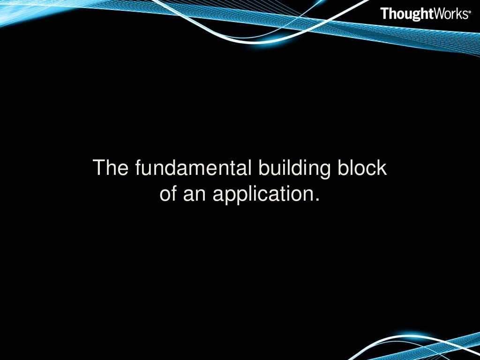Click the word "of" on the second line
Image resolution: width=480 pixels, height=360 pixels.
coord(168,193)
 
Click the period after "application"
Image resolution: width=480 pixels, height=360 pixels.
coord(317,200)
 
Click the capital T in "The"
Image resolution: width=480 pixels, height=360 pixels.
coord(99,168)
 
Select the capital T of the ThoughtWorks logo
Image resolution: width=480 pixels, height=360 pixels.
coord(384,14)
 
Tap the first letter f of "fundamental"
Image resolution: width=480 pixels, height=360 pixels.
coord(138,168)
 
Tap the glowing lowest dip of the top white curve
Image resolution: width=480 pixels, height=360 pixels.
coord(262,42)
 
